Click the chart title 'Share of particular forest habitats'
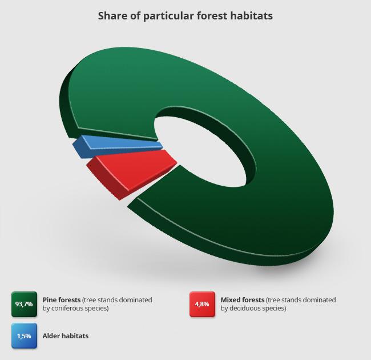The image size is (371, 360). point(185,16)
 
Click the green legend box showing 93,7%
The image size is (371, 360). point(24,304)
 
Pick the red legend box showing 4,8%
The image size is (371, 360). point(202,304)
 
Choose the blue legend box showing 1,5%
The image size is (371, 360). point(24,336)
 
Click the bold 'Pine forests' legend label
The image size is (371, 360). point(62,300)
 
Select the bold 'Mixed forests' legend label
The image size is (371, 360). point(242,300)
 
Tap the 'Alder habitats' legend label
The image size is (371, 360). point(66,336)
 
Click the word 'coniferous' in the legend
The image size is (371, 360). point(67,309)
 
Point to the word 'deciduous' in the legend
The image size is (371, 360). point(245,309)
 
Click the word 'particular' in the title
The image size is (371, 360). point(168,17)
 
